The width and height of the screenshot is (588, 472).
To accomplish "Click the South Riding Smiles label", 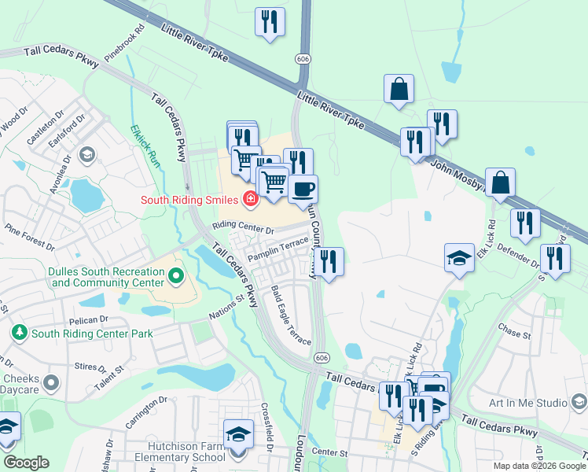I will click(x=189, y=200).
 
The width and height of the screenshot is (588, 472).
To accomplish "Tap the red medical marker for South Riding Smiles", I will click(x=250, y=199).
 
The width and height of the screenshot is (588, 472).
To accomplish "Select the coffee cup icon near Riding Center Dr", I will click(x=303, y=189).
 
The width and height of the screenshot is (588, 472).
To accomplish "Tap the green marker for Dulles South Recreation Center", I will click(x=175, y=276).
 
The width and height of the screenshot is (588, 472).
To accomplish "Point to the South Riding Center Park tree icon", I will click(x=18, y=334).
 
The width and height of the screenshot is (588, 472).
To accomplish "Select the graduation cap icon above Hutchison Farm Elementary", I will click(x=238, y=433).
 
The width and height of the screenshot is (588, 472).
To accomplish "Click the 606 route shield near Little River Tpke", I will click(x=303, y=59).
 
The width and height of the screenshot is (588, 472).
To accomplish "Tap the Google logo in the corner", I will click(x=26, y=463).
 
